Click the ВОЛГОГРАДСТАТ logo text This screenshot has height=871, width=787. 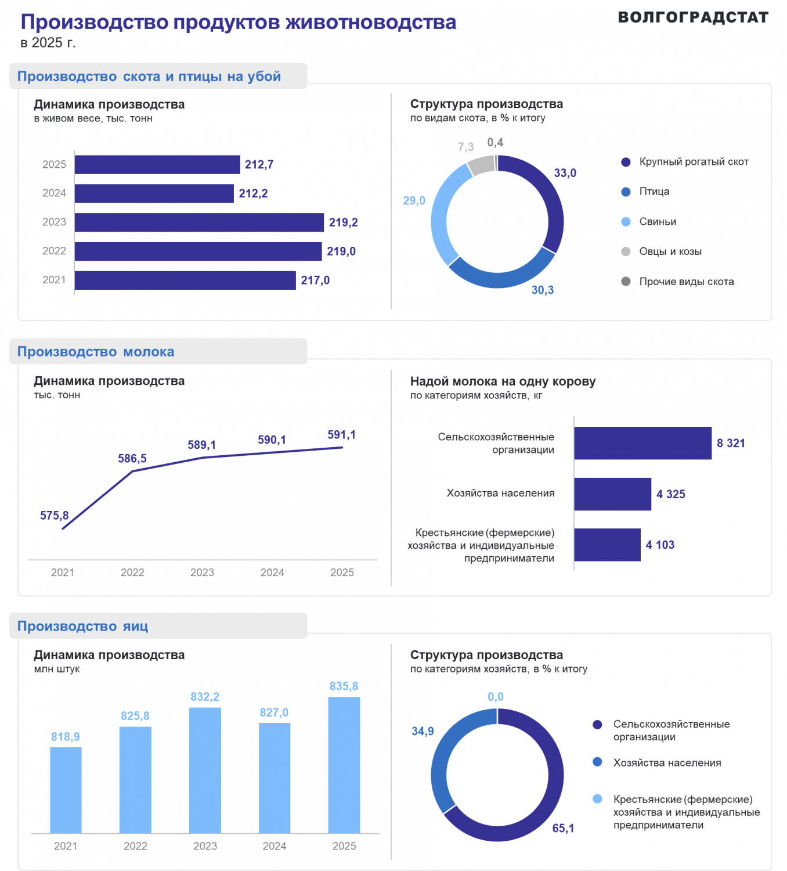point(693,17)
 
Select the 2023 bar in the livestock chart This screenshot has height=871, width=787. point(199,222)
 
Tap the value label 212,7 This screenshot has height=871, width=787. point(259,164)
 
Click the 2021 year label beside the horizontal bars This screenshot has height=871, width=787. point(54,280)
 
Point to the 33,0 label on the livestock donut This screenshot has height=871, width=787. point(565,173)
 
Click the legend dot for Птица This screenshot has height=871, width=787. point(626,192)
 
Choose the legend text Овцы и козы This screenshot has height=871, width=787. point(670,251)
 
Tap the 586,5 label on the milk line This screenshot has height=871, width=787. point(132,459)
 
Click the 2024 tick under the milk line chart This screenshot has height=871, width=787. point(272,573)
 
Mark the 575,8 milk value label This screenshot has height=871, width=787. point(54,516)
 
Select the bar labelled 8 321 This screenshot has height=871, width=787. point(643,443)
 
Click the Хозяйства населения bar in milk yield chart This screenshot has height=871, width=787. point(612,494)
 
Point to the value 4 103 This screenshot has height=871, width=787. point(660,545)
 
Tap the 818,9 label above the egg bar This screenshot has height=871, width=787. point(66,736)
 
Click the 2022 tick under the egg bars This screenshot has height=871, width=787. point(135,846)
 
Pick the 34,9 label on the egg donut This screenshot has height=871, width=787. point(423,731)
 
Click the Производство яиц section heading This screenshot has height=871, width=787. point(82,626)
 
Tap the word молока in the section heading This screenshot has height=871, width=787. point(149,352)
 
